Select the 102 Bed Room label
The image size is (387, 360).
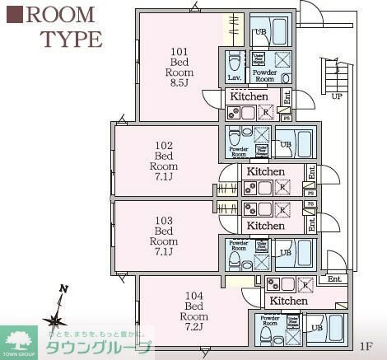click(x=166, y=161)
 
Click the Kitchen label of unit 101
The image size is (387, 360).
click(x=249, y=96)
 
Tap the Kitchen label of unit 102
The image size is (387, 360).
click(x=265, y=171)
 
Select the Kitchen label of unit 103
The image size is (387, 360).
click(x=265, y=225)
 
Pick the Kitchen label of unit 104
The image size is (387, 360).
click(x=288, y=301)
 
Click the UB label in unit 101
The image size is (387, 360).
click(x=260, y=32)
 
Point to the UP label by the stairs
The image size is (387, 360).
click(x=337, y=96)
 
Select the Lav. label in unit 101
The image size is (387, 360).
click(x=234, y=77)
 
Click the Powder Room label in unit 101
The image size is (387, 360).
click(x=264, y=76)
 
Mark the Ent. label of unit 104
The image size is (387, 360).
click(x=333, y=280)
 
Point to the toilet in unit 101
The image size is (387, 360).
click(x=234, y=61)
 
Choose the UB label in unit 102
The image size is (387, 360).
click(x=285, y=144)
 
